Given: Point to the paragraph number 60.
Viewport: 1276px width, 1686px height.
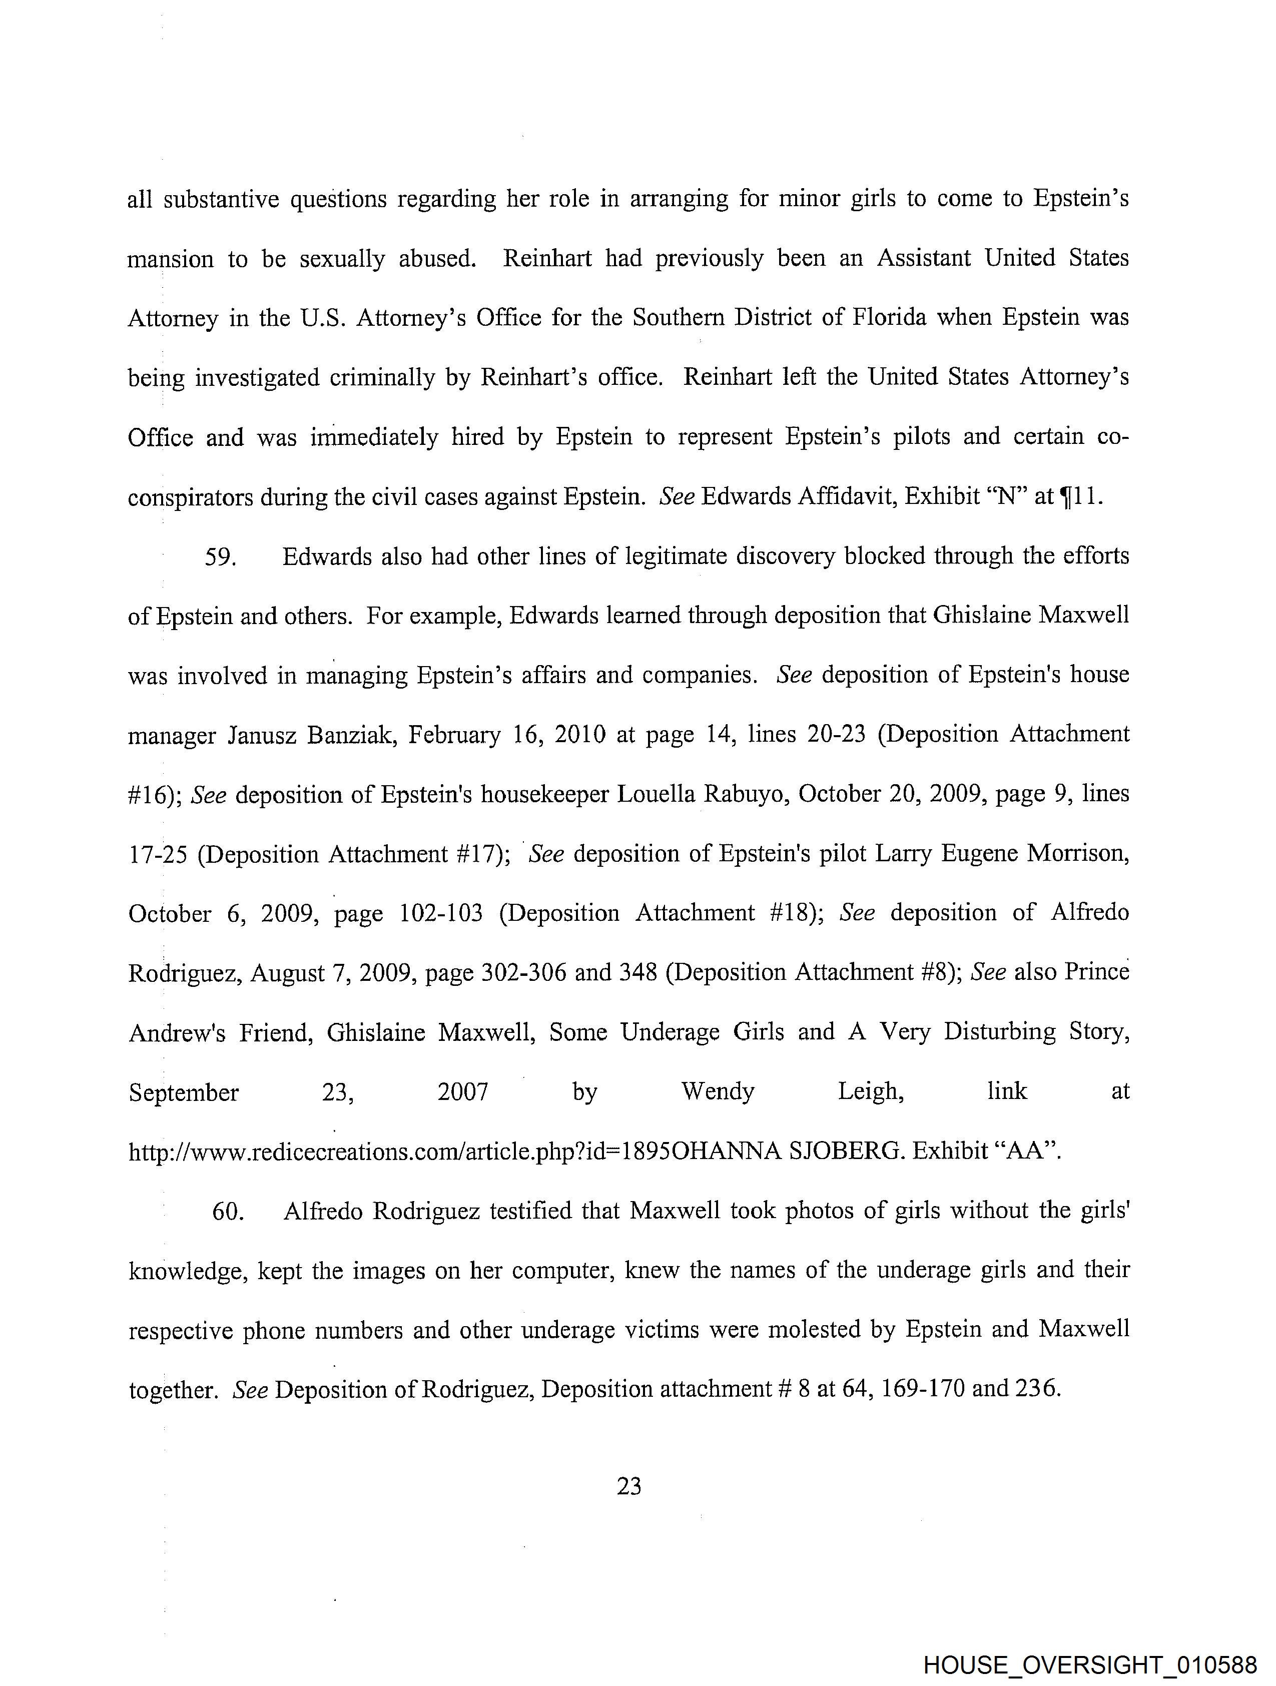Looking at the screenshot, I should click(x=227, y=1211).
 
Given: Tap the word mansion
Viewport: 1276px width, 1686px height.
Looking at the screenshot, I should click(x=171, y=260).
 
